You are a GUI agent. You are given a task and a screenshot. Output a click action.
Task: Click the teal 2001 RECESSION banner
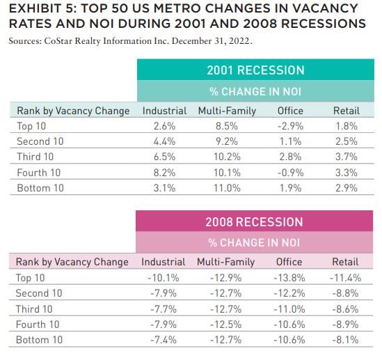255,70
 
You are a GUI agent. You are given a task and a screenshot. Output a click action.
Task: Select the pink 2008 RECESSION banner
255,221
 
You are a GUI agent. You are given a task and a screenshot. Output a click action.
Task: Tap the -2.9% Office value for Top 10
290,126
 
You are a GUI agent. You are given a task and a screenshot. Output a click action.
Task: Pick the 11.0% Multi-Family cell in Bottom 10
227,188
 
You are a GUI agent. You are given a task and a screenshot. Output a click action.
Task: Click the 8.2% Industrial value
164,173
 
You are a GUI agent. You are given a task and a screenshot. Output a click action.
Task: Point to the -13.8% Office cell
289,278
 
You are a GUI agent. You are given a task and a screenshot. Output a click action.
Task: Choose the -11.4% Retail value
345,278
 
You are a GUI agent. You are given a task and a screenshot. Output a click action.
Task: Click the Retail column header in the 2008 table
345,262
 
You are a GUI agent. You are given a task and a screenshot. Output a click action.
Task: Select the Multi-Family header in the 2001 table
227,111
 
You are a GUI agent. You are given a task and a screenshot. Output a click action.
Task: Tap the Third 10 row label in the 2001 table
35,157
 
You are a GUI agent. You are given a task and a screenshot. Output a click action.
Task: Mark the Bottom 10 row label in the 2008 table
39,340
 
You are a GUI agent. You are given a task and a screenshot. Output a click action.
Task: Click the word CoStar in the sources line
58,41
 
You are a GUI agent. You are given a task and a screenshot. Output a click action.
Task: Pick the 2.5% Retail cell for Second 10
347,141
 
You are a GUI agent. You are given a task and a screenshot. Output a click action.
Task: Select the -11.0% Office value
289,309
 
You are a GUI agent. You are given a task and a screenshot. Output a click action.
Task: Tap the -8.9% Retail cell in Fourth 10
345,324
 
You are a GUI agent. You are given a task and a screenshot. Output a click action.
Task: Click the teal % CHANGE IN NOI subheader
255,91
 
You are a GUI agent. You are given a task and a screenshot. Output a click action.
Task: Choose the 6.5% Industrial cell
164,157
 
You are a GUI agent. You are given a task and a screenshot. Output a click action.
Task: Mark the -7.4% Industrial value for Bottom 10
164,340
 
